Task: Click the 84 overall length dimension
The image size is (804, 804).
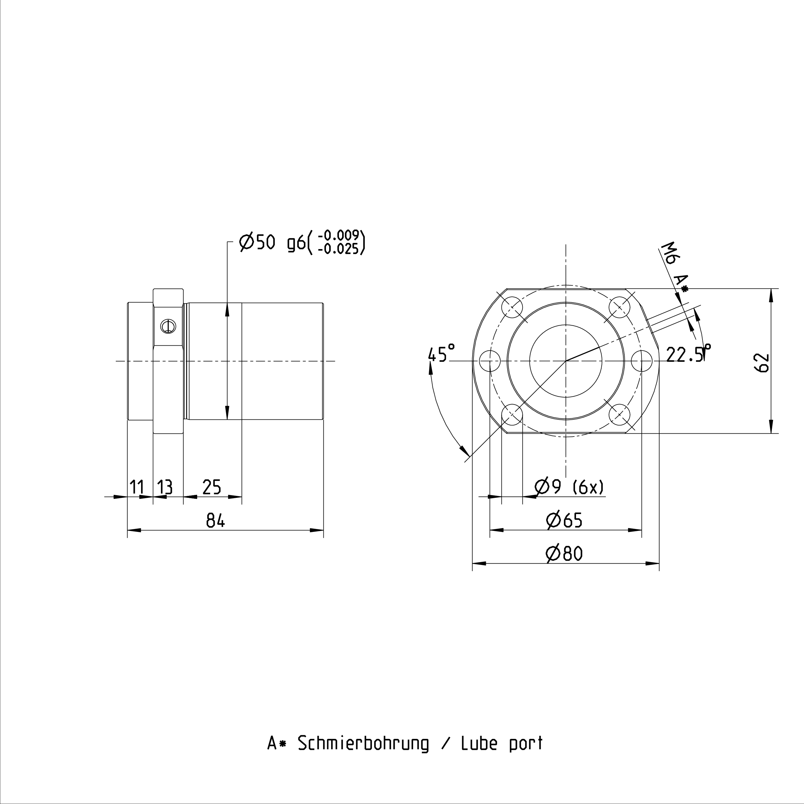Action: tap(216, 521)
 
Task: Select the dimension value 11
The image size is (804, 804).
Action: tap(137, 487)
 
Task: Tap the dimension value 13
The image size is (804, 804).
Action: tap(165, 487)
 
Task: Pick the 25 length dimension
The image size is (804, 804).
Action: tap(212, 487)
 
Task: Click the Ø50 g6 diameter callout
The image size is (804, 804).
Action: tap(272, 243)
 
